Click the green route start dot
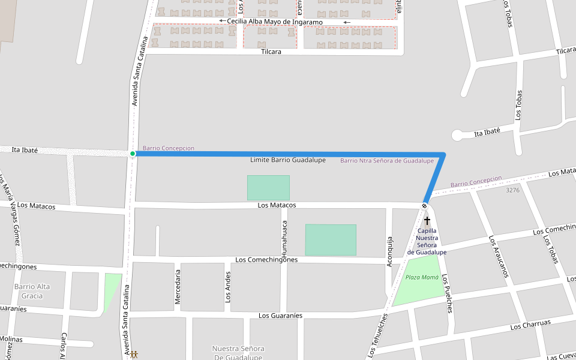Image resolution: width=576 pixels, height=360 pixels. coord(133,154)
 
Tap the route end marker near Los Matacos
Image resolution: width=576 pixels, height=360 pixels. coord(424,206)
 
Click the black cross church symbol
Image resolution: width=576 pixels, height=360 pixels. coord(427,221)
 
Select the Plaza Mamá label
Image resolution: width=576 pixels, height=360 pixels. coord(422,277)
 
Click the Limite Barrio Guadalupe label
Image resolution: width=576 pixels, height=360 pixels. coord(288,160)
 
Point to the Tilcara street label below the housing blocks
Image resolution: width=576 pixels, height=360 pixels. coord(271,52)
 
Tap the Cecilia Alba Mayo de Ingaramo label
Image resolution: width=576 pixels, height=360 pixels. coord(275,22)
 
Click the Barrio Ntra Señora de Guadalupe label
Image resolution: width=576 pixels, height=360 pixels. coord(387,161)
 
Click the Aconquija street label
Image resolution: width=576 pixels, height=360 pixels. coord(389,251)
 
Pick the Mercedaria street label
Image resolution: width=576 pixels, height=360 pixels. coord(178,287)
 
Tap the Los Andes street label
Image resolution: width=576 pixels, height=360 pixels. coord(228,286)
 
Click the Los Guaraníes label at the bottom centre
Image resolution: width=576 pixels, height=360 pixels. coord(280,316)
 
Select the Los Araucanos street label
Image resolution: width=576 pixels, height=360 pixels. coord(499,256)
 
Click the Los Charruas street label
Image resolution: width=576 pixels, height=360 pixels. coord(530,325)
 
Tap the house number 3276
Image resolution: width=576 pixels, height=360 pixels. coord(512,190)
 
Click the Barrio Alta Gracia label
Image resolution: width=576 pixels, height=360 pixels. coord(32,291)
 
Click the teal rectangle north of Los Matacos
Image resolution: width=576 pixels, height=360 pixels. coord(268,188)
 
